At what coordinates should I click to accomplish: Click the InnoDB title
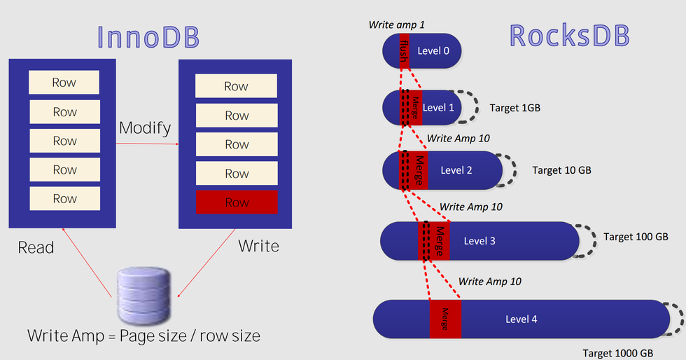tap(148, 37)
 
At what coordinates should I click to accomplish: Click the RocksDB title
tap(570, 36)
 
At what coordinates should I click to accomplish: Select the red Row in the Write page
tap(237, 202)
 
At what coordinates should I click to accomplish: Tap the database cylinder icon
tap(144, 296)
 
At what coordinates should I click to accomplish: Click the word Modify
tap(145, 128)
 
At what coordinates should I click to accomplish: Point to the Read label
tap(36, 247)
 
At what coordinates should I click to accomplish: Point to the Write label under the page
tap(258, 246)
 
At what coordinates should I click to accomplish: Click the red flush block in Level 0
tap(405, 51)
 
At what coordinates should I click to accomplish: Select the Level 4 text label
tap(521, 319)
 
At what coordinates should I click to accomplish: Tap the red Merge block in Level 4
tap(445, 319)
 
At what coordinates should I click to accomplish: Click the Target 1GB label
tap(515, 108)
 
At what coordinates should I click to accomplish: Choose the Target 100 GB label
tap(636, 237)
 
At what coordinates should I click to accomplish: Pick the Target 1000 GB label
tap(617, 354)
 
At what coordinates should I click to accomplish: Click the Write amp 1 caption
tap(396, 25)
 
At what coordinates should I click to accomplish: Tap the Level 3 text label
tap(479, 241)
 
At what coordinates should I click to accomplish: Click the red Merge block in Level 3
tap(434, 241)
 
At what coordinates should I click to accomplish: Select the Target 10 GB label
tap(561, 170)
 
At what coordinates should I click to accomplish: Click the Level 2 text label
tap(456, 170)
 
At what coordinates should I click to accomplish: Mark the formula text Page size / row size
tap(190, 336)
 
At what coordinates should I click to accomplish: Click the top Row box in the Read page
tap(64, 83)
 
